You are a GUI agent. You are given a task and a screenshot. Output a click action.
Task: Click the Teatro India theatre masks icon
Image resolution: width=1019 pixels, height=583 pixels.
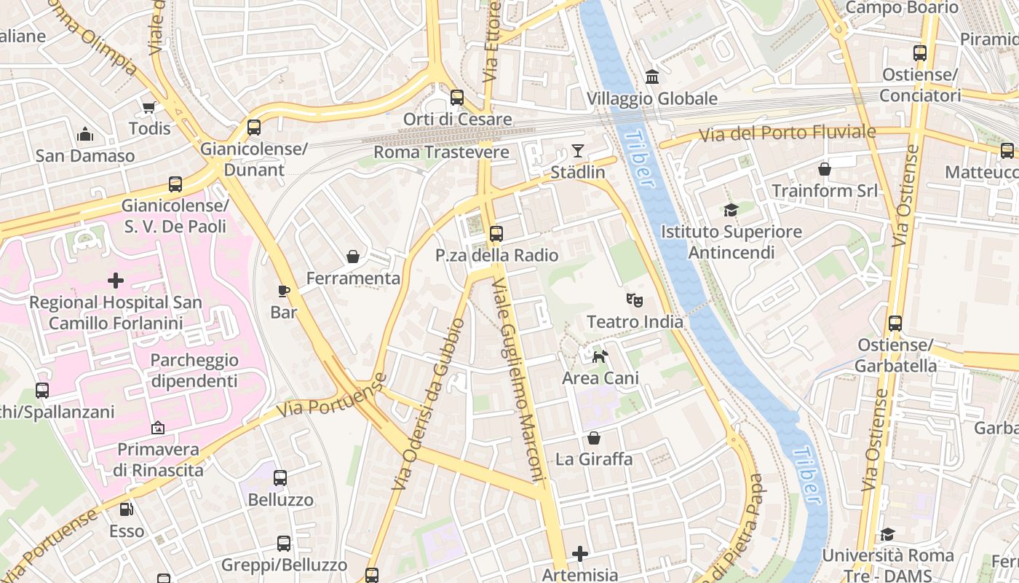point(635,300)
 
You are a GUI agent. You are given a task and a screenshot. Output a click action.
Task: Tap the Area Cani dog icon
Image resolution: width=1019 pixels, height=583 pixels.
point(600,356)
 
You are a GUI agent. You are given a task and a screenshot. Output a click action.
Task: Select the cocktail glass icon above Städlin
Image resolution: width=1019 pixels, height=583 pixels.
point(578,151)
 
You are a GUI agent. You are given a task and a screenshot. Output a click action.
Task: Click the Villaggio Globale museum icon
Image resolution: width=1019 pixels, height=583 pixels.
point(652,77)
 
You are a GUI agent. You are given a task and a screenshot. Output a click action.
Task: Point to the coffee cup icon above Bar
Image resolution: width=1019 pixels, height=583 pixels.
point(284,291)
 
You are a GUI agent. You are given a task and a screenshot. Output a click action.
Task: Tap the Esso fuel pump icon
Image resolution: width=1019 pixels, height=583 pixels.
point(127,509)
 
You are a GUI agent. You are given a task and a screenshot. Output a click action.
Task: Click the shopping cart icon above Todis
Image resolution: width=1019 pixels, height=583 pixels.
point(149,108)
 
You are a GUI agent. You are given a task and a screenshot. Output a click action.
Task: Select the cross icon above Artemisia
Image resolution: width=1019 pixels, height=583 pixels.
point(579,555)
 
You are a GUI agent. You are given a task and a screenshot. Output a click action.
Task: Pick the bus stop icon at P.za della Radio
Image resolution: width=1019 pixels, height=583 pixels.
point(496,234)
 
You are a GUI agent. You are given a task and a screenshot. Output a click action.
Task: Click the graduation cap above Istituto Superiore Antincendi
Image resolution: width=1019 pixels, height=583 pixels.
point(731,211)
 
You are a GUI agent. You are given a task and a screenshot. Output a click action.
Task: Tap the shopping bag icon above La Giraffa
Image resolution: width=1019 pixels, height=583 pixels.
point(594,438)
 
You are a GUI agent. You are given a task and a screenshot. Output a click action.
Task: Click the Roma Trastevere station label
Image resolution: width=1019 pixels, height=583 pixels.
point(441,152)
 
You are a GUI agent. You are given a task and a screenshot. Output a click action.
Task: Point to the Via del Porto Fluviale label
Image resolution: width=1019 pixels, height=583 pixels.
point(788,133)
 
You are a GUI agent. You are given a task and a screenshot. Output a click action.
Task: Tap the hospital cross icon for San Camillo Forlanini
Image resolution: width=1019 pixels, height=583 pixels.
point(116,281)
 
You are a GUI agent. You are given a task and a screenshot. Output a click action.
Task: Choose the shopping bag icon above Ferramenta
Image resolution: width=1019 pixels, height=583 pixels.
point(353,257)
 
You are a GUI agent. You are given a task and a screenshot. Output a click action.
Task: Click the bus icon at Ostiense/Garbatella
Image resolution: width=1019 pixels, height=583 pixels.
point(895,324)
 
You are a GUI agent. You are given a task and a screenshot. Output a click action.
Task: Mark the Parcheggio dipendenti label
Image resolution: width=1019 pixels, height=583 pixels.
point(194,370)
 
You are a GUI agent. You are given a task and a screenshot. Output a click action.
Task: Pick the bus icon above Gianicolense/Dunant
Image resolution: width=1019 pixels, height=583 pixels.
point(254,128)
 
